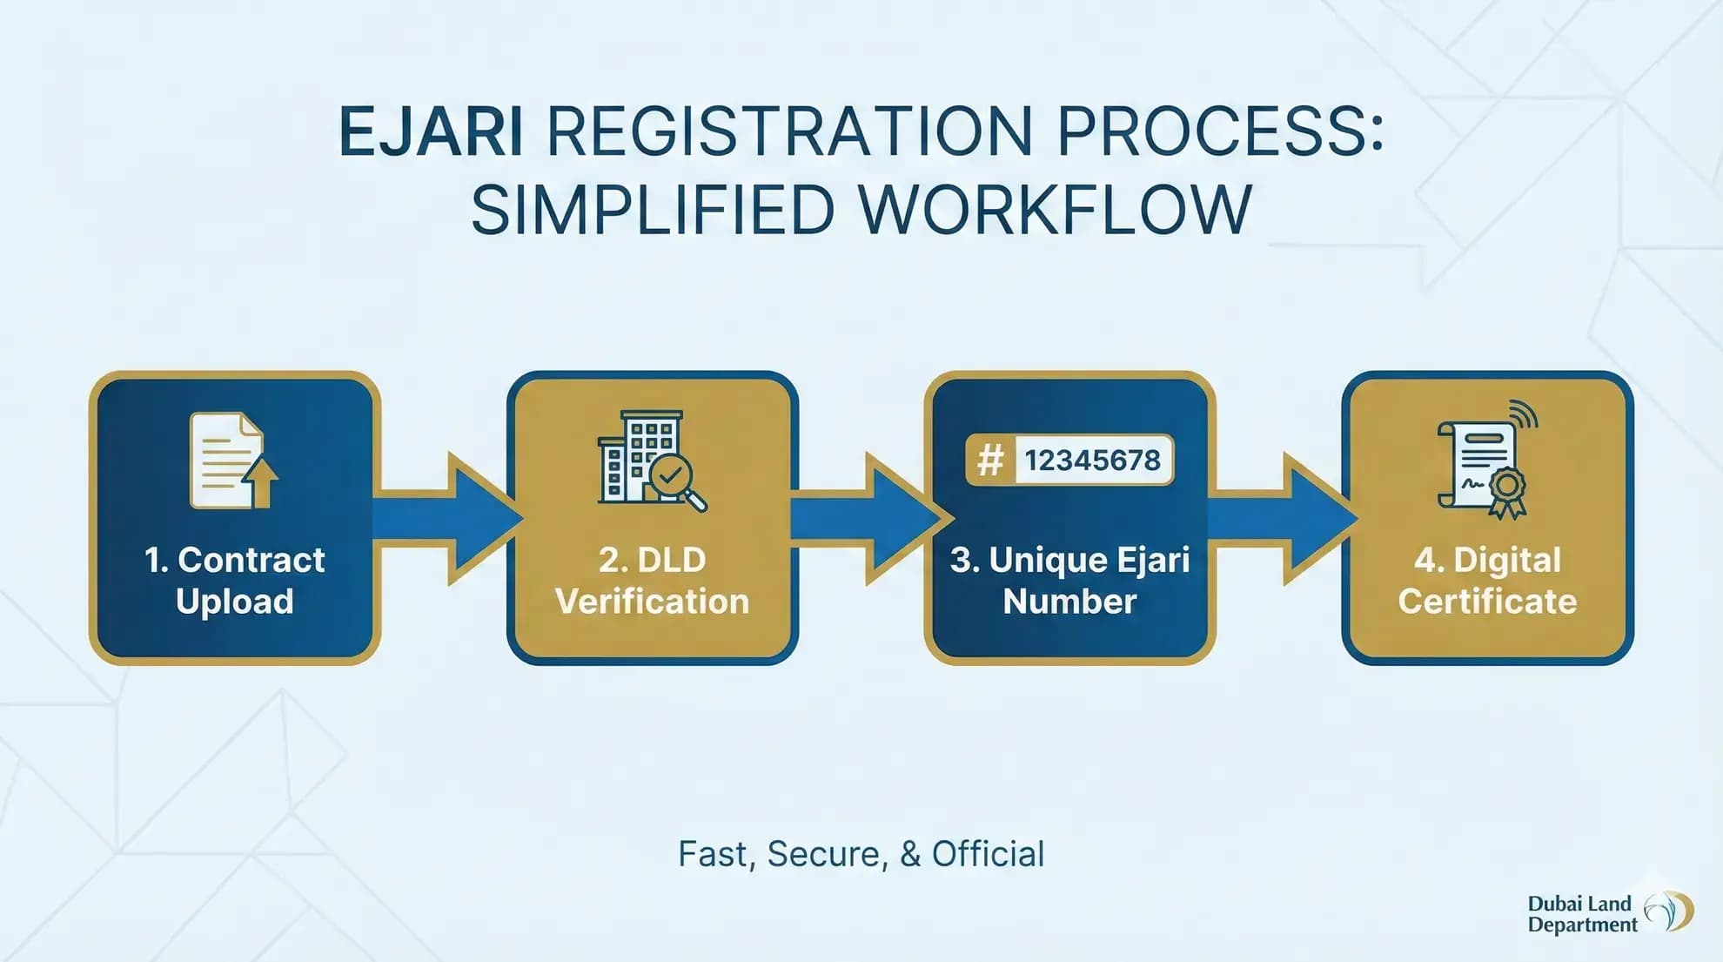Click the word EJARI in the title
(x=431, y=132)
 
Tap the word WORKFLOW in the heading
(x=1055, y=210)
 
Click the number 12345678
(x=1091, y=460)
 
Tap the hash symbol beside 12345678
(x=990, y=460)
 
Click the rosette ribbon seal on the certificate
(x=1507, y=489)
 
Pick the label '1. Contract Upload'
(x=234, y=580)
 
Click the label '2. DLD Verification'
(x=652, y=580)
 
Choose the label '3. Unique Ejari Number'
(x=1069, y=580)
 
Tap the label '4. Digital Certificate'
(x=1487, y=580)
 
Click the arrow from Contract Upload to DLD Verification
(x=448, y=518)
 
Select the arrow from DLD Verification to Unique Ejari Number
(x=866, y=518)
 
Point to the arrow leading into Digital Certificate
(x=1284, y=518)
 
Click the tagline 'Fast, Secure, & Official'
(x=861, y=854)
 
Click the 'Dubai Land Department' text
(x=1580, y=914)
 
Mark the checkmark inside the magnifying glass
(x=669, y=474)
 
